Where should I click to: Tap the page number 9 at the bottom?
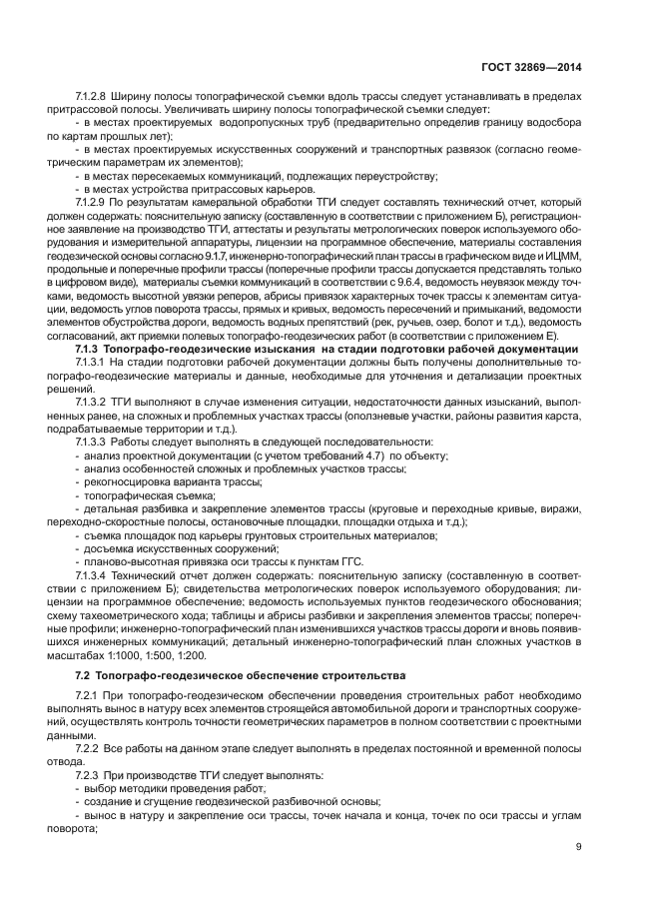pos(578,848)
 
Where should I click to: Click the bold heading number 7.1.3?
pos(91,349)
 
